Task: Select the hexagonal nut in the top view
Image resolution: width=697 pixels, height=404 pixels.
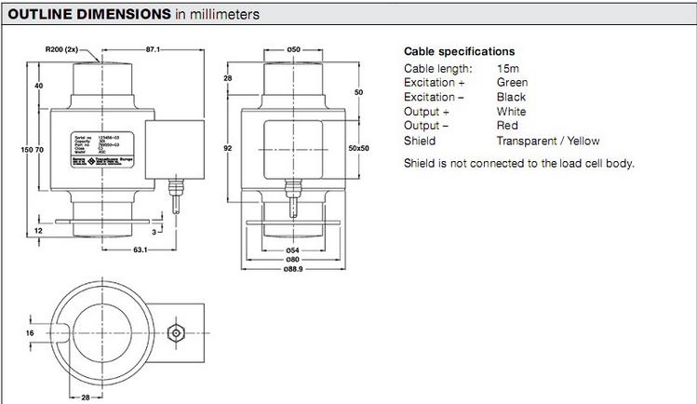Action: pos(173,332)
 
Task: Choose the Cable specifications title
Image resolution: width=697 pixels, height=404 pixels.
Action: pos(459,52)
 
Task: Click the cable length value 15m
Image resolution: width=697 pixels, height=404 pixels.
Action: pos(509,69)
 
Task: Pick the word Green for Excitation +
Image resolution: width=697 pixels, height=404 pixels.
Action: pos(513,83)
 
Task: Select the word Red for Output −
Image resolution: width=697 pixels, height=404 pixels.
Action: pos(507,126)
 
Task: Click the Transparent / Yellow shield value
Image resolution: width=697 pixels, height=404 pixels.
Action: pos(548,141)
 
